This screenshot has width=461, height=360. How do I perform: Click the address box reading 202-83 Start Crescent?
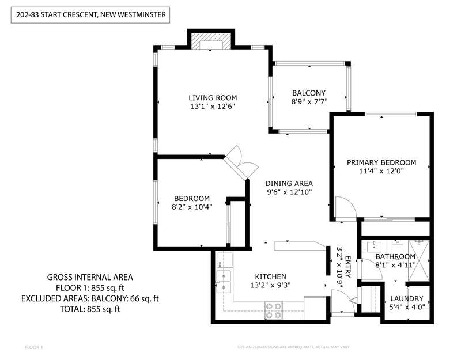[90, 15]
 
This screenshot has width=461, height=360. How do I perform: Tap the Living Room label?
[213, 98]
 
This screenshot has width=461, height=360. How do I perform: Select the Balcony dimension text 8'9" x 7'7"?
[309, 102]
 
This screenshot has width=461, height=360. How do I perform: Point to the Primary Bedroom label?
[381, 162]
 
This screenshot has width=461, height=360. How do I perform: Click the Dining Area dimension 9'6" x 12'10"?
[289, 192]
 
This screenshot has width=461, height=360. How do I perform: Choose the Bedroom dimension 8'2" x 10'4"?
[192, 207]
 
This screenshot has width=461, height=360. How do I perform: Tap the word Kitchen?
[270, 276]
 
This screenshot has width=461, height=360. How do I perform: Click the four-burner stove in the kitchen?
[273, 310]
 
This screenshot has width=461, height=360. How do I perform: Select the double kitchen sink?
[224, 282]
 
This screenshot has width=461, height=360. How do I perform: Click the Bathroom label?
[395, 256]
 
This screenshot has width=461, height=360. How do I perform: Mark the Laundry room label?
[407, 299]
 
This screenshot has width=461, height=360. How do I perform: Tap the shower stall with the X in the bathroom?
[419, 261]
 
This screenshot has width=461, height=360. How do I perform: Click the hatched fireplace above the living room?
[211, 40]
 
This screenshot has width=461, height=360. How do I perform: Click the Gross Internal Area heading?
[90, 277]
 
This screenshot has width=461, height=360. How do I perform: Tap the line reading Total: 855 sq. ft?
[90, 309]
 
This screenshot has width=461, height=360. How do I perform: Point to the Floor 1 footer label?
[34, 347]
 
